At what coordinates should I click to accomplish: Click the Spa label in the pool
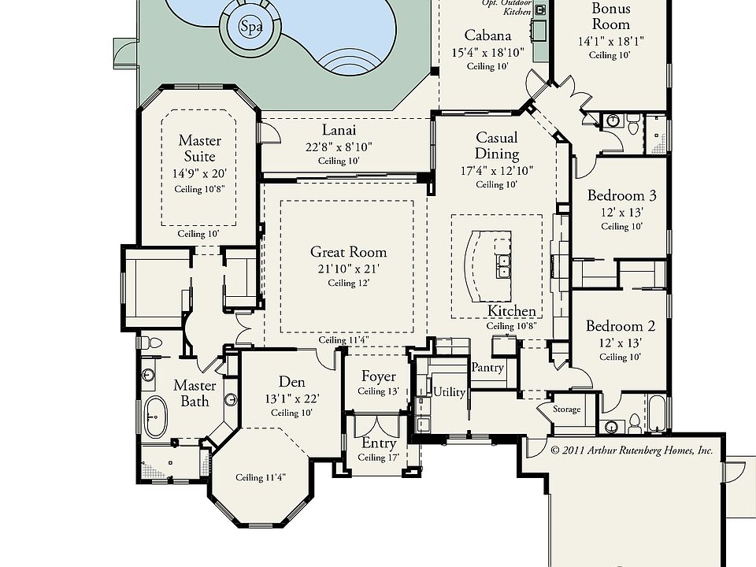[x=251, y=26]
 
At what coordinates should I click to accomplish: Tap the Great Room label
[x=349, y=252]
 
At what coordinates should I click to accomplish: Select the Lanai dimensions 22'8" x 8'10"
[x=339, y=146]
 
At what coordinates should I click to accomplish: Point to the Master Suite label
[x=199, y=148]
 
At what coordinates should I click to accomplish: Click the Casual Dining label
[x=497, y=145]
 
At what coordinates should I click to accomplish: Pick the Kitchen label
[x=512, y=311]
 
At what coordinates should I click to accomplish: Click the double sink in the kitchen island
[x=503, y=266]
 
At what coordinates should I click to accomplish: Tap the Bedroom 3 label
[x=621, y=195]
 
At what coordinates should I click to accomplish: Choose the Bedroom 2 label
[x=621, y=326]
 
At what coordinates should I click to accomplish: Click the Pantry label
[x=487, y=368]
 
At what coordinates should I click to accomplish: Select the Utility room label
[x=449, y=391]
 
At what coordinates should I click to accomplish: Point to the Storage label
[x=566, y=409]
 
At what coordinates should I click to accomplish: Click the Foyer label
[x=379, y=376]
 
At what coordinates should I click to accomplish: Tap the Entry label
[x=379, y=443]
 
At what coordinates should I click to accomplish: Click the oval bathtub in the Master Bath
[x=155, y=417]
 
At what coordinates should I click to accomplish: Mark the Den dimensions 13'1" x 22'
[x=291, y=398]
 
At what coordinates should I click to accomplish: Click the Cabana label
[x=487, y=35]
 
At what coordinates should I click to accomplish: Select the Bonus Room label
[x=611, y=16]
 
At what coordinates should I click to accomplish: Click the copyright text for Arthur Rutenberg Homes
[x=631, y=450]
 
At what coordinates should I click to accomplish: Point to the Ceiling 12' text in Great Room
[x=349, y=283]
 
